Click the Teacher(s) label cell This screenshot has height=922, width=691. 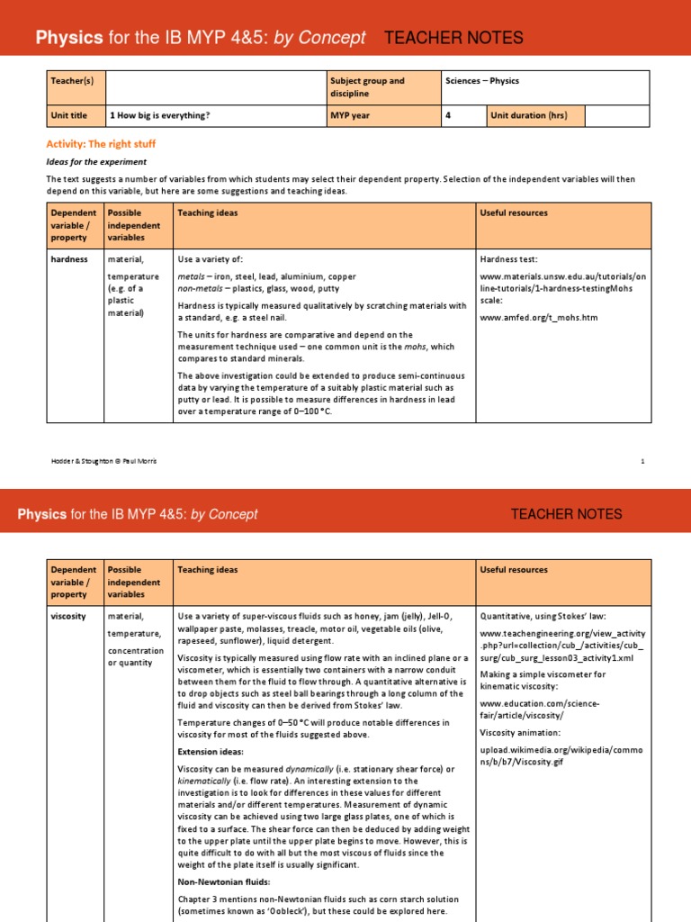point(69,81)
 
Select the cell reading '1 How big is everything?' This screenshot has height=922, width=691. point(159,116)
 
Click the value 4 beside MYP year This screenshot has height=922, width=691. point(449,116)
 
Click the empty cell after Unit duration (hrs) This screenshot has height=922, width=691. point(616,116)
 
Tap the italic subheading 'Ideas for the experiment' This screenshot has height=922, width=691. point(96,162)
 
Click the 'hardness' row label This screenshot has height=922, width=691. point(69,259)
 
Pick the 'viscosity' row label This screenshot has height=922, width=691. point(69,617)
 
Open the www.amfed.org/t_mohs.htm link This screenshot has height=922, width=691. point(538,318)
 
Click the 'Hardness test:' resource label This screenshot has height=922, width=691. point(509,259)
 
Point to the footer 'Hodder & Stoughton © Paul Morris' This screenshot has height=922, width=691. point(103,461)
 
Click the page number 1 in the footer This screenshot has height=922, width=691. point(642,461)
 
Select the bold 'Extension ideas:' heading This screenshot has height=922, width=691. point(211,751)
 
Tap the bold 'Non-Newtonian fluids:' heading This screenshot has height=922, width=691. point(223,882)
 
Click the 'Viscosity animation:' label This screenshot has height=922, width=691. point(520,732)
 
